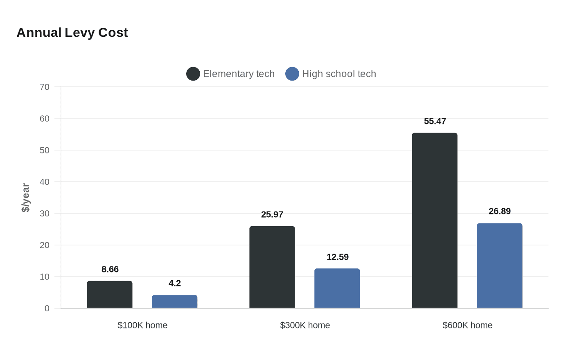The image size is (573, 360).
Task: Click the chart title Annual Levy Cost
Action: click(x=72, y=33)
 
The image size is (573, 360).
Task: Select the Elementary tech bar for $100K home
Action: click(x=110, y=295)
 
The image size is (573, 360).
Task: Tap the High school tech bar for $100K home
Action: click(x=175, y=301)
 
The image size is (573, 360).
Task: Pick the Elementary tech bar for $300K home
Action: click(x=272, y=267)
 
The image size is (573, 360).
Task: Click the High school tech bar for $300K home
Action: click(x=337, y=288)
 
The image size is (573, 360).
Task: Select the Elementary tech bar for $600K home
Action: click(x=435, y=220)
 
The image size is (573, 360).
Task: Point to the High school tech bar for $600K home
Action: click(x=500, y=266)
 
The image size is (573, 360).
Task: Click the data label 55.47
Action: click(x=435, y=122)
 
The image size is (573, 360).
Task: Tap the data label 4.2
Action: click(x=175, y=283)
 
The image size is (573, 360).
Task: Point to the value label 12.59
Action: click(x=337, y=257)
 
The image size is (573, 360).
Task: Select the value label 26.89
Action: click(x=500, y=211)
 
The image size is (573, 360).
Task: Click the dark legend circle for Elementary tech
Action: click(x=193, y=74)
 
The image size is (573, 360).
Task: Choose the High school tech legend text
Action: click(x=339, y=74)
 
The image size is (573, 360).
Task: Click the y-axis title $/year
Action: click(x=26, y=198)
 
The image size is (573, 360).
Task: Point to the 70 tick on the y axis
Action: click(x=45, y=87)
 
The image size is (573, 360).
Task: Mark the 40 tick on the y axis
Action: click(x=45, y=182)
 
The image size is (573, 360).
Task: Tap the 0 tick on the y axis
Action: click(x=47, y=308)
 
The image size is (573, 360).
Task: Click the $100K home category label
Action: click(x=142, y=325)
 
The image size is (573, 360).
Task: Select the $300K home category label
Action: click(x=305, y=325)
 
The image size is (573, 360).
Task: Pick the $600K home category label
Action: click(x=467, y=325)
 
